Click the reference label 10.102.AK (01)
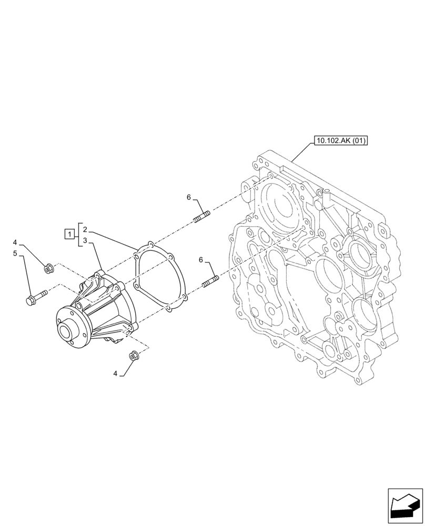pos(341,140)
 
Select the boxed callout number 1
pos(68,235)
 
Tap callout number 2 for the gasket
pos(84,230)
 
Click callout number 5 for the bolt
pos(15,254)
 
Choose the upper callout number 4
pos(15,242)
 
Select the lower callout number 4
pos(115,373)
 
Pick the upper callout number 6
pos(188,197)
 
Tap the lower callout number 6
pos(200,259)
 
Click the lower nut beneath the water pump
pos(134,357)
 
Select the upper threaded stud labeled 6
pos(203,216)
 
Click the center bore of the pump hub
pos(66,332)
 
